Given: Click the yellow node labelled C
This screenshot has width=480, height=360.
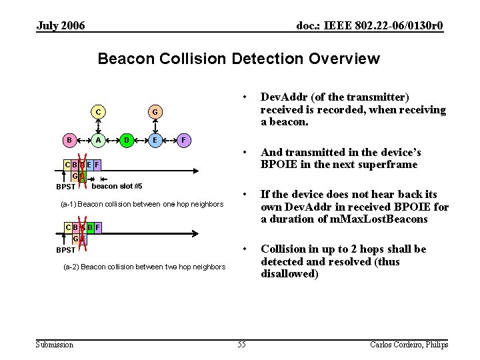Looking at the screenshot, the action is coord(98,112).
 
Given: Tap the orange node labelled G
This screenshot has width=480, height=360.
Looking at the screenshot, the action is coord(155,112).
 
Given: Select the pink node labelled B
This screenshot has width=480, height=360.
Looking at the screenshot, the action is coord(69,140).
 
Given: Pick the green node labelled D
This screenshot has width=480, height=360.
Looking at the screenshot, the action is coord(126,140).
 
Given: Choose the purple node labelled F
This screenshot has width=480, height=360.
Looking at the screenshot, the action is coord(183,140).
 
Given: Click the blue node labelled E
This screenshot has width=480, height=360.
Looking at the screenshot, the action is coord(155,140).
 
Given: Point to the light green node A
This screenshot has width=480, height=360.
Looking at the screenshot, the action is coord(98,140).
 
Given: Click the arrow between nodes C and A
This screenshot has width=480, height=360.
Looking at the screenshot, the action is coord(98,126).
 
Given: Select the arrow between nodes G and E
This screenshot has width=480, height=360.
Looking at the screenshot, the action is coord(155,126).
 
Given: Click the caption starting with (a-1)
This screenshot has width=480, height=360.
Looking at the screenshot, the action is coord(142,204).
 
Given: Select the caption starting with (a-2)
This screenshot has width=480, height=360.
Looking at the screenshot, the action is coord(144,267).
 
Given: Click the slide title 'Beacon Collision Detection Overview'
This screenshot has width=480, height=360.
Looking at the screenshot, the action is coord(239,59).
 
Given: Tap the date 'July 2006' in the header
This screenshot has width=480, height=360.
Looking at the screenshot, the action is coord(61,26).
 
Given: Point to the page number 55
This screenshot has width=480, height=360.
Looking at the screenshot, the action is coord(241,344).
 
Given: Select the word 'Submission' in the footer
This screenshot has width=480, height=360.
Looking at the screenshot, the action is coord(55,344).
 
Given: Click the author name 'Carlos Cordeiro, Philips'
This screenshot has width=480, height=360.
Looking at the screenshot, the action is coord(409,344).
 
